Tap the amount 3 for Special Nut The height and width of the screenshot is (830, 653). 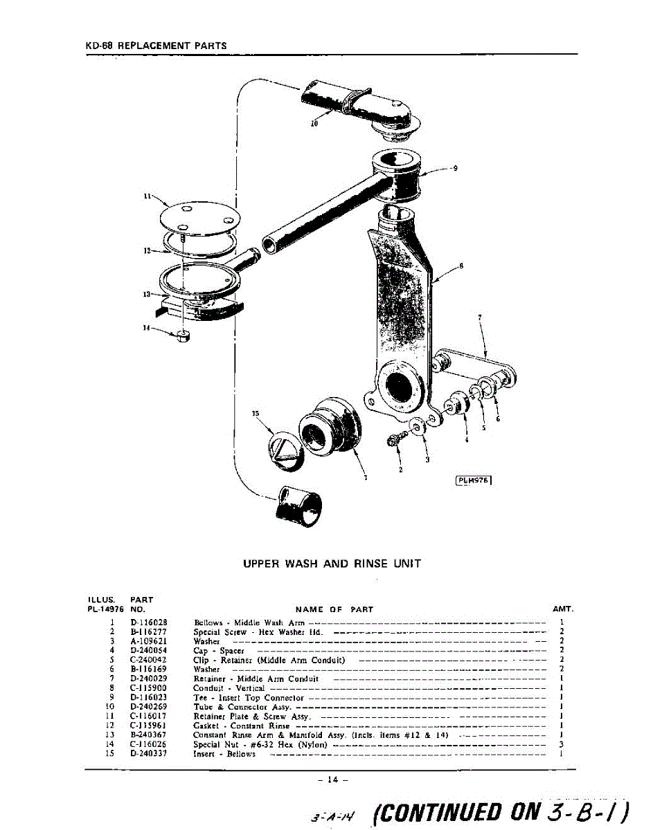[x=561, y=744]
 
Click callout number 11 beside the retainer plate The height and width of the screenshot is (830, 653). [x=147, y=196]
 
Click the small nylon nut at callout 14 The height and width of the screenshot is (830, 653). [x=183, y=337]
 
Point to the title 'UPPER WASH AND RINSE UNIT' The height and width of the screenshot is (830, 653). [x=332, y=564]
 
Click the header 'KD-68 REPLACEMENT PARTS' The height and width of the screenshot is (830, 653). [x=156, y=46]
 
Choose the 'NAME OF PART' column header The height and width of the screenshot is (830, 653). [x=334, y=609]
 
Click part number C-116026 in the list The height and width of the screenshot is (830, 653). [x=148, y=744]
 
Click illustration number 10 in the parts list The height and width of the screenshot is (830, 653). [x=109, y=707]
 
